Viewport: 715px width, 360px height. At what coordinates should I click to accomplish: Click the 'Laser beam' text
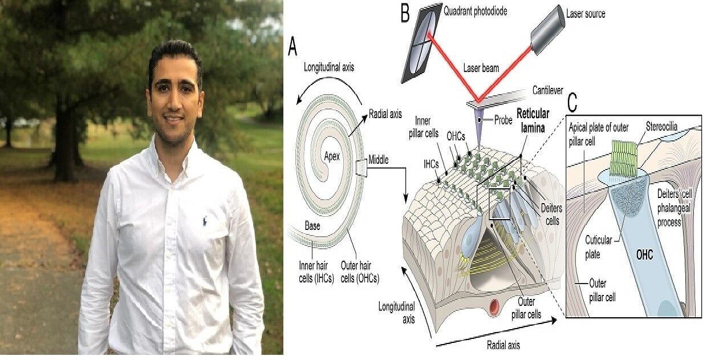(481, 68)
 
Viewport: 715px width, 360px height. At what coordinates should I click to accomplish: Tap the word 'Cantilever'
(550, 90)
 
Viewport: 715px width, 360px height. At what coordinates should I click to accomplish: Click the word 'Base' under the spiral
(311, 226)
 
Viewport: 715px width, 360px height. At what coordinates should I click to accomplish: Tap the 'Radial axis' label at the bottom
(503, 345)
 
